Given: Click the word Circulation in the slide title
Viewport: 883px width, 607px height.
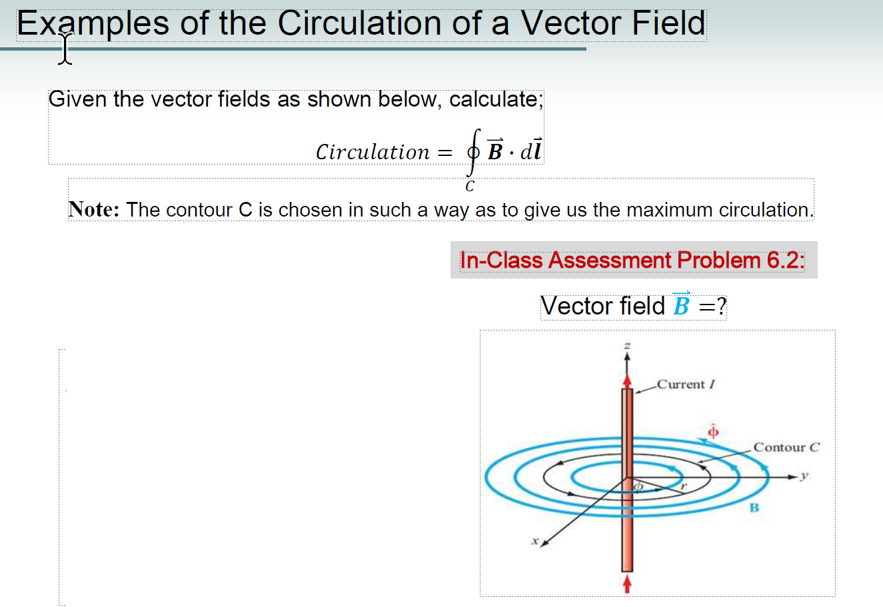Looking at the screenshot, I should point(360,23).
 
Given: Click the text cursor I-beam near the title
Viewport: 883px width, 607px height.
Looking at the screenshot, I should point(65,49).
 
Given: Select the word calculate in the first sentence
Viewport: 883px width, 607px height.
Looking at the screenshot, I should point(494,99).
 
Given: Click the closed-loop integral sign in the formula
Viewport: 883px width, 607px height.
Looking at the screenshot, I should point(473,153).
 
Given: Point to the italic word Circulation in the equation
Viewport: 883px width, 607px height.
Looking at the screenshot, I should point(373,153).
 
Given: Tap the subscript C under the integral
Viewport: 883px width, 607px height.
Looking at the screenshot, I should point(470,187).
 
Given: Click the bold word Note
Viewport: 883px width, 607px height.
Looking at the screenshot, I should point(94,209).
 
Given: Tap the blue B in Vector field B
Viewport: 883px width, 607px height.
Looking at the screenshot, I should point(681,306).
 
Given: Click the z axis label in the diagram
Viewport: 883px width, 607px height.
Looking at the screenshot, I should point(626,346).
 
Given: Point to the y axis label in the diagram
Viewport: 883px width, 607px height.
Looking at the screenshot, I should point(804,476).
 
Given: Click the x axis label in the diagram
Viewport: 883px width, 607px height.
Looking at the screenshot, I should point(534,541).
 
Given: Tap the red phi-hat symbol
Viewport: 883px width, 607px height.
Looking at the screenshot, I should point(712,431).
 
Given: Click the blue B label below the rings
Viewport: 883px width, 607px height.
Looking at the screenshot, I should point(754,508).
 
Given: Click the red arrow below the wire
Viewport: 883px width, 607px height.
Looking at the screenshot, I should point(626,584).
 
